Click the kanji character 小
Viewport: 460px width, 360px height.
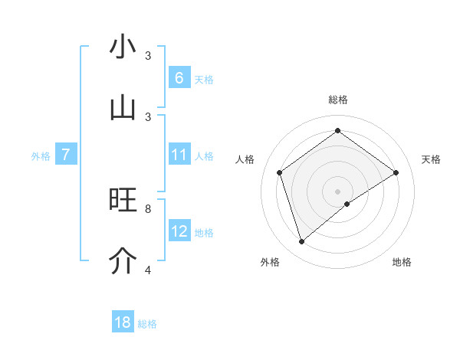coord(123,47)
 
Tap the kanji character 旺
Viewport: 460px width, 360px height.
coord(123,200)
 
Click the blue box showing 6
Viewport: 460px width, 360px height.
coord(179,77)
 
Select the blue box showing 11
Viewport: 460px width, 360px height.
coord(179,155)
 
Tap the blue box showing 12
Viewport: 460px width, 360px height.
coord(179,231)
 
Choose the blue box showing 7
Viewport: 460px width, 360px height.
coord(66,155)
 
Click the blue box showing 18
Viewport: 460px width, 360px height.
coord(123,322)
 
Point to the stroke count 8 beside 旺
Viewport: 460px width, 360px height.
coord(148,208)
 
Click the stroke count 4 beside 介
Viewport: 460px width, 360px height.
coord(148,270)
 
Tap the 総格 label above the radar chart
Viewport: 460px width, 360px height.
coord(337,100)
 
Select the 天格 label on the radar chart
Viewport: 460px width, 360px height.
coord(431,159)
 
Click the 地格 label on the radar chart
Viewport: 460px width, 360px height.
coord(402,262)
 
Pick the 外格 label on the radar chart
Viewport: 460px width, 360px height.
coord(270,262)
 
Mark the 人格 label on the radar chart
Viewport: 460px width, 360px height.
coord(245,159)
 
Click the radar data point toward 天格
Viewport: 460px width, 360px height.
coord(396,172)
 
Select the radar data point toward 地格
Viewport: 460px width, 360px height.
coord(347,204)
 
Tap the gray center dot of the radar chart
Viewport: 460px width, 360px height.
coord(337,191)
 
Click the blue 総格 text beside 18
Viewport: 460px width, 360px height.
coord(147,324)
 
